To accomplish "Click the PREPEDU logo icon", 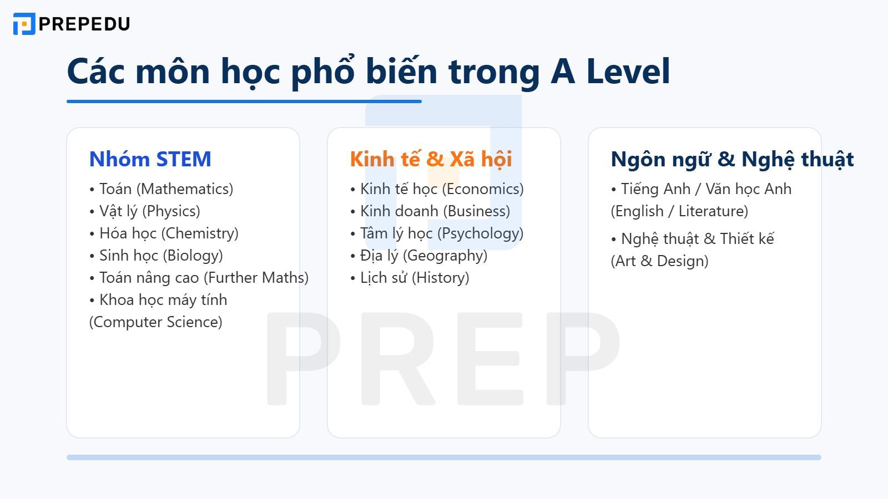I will pos(24,24).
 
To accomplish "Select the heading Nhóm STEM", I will pos(150,159).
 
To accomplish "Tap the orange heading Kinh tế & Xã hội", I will pos(431,159).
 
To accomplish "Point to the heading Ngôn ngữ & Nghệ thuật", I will pos(731,159).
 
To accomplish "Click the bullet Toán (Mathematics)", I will pos(161,189).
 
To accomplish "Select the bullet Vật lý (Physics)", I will pos(144,211).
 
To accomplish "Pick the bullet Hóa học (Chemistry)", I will pos(164,233).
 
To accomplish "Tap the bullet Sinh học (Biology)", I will pos(156,256).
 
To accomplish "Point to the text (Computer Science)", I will pos(155,322).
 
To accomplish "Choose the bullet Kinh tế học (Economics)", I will pos(437,189).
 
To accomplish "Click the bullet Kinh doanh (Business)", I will pos(430,211).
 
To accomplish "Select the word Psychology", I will pos(480,233).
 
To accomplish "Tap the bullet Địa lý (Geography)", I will pos(419,256).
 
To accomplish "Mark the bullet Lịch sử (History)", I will pos(410,278).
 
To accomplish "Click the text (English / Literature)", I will pos(679,211).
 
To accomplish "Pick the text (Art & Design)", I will pos(659,261).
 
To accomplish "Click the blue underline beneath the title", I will pos(244,101).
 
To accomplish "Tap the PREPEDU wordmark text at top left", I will pos(84,24).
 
